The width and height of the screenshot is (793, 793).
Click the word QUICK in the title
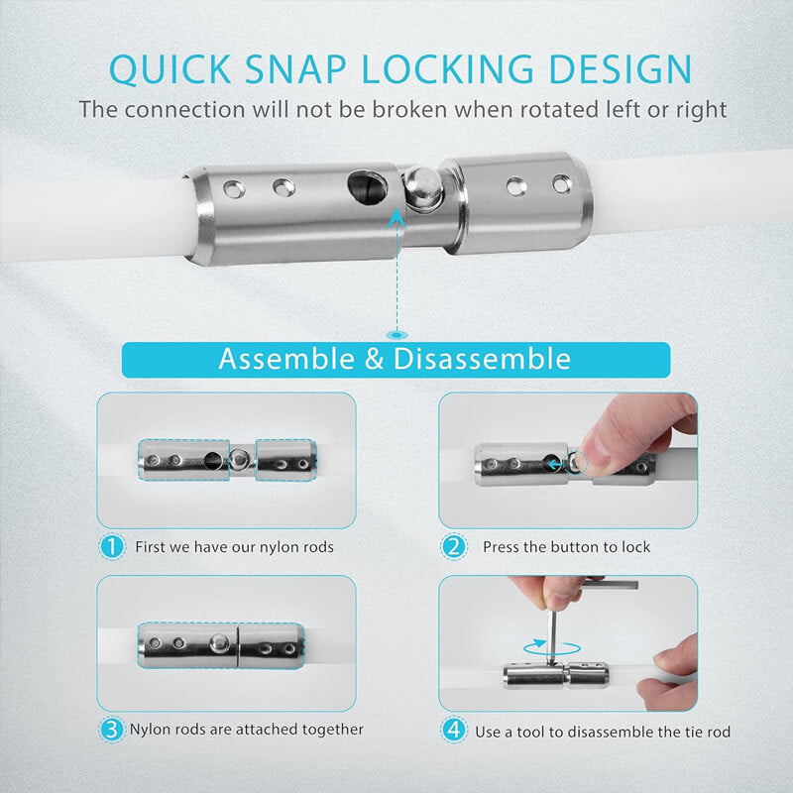[x=170, y=68]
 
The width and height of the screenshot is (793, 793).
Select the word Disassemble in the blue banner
[x=482, y=359]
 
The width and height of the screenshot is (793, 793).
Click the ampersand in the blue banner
[x=374, y=359]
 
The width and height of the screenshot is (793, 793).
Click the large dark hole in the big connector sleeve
[x=368, y=186]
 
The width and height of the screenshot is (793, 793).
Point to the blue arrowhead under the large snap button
[x=397, y=218]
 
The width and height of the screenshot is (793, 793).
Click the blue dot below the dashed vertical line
[x=397, y=335]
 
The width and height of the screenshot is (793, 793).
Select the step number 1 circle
[x=112, y=546]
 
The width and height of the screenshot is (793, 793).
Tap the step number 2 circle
[x=454, y=546]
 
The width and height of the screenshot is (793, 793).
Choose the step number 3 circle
[x=112, y=730]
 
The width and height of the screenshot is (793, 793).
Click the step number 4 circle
[x=454, y=730]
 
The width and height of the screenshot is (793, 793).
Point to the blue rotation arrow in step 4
[x=552, y=647]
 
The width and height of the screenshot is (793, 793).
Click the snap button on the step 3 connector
[x=219, y=642]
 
